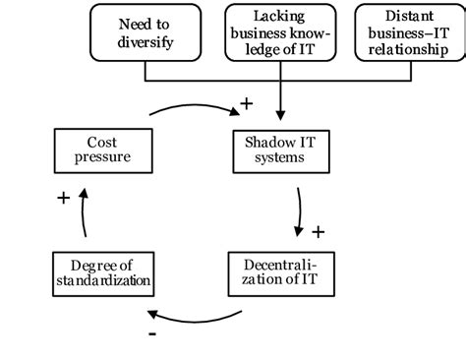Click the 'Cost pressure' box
(x=101, y=150)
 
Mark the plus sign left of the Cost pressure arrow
(x=63, y=198)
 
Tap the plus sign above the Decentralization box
(x=318, y=233)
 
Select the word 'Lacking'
(x=279, y=16)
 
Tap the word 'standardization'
(x=101, y=281)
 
